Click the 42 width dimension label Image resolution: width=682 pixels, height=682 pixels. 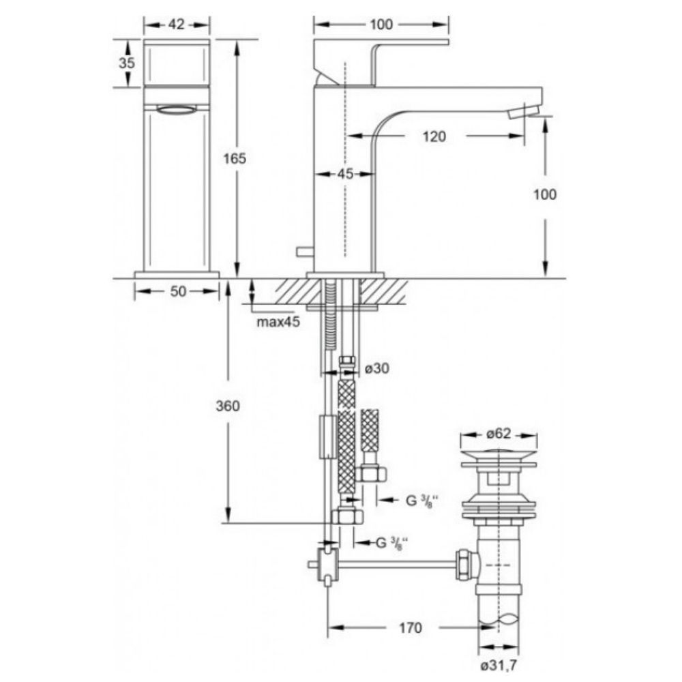pos(177,25)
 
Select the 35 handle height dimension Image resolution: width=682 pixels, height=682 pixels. pos(127,63)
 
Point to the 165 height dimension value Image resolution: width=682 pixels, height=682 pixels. pos(235,159)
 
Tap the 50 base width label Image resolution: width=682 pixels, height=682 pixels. pos(178,291)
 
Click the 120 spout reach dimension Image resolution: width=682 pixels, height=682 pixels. pos(434,136)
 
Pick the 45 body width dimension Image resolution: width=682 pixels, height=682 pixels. pos(345,174)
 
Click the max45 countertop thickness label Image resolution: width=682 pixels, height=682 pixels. pos(278,323)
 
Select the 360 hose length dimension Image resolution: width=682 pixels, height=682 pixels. pos(228,406)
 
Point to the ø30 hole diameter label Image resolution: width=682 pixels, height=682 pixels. pos(377,368)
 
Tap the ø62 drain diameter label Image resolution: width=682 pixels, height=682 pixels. pos(499,434)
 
